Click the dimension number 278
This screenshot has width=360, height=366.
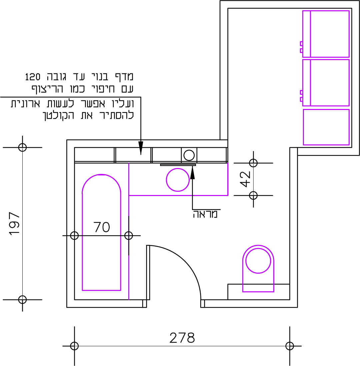click(182, 338)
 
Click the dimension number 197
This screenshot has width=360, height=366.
click(14, 223)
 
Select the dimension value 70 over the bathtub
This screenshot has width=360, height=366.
click(102, 227)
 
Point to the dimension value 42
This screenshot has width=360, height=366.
click(245, 179)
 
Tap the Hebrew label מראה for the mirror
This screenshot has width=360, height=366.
click(205, 214)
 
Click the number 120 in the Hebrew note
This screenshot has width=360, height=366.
click(33, 77)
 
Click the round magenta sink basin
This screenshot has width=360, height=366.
click(178, 180)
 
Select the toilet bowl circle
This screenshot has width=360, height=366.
click(258, 261)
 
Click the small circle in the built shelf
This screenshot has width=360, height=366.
click(189, 155)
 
